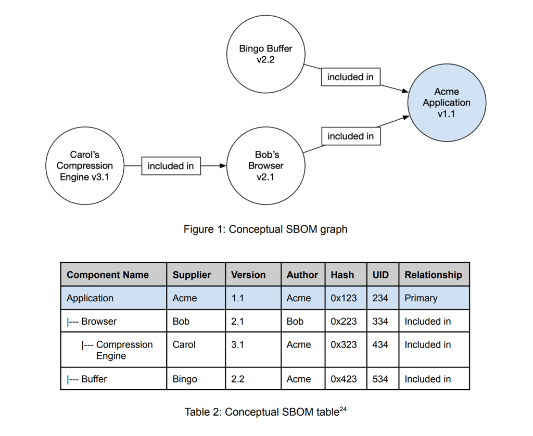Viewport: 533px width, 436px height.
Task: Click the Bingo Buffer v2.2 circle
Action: click(265, 54)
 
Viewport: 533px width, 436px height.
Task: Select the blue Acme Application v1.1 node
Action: click(446, 102)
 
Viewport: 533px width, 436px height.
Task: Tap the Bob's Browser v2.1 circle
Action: click(266, 165)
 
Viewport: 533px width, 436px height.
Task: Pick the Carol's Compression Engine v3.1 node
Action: click(84, 165)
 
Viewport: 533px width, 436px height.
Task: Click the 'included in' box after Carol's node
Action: click(171, 166)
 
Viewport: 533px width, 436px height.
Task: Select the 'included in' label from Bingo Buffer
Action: click(350, 77)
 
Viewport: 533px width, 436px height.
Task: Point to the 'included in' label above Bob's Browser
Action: click(350, 136)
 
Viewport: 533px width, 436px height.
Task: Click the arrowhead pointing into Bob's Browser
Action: click(223, 166)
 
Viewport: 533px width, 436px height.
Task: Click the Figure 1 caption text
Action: click(265, 229)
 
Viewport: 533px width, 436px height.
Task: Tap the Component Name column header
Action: click(108, 275)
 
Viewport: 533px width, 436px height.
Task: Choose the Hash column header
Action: click(342, 275)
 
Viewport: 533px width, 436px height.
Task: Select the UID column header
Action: click(380, 275)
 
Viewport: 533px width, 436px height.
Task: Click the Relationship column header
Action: click(433, 275)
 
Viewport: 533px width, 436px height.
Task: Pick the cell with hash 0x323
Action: click(344, 344)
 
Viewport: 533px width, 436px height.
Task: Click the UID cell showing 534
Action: click(380, 379)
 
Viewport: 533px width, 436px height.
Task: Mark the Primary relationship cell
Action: click(421, 298)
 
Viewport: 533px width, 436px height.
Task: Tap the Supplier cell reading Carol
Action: click(184, 344)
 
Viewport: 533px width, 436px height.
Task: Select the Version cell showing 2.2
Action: click(238, 379)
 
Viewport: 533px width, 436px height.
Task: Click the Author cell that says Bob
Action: click(295, 321)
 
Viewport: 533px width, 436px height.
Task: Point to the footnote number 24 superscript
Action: click(342, 409)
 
